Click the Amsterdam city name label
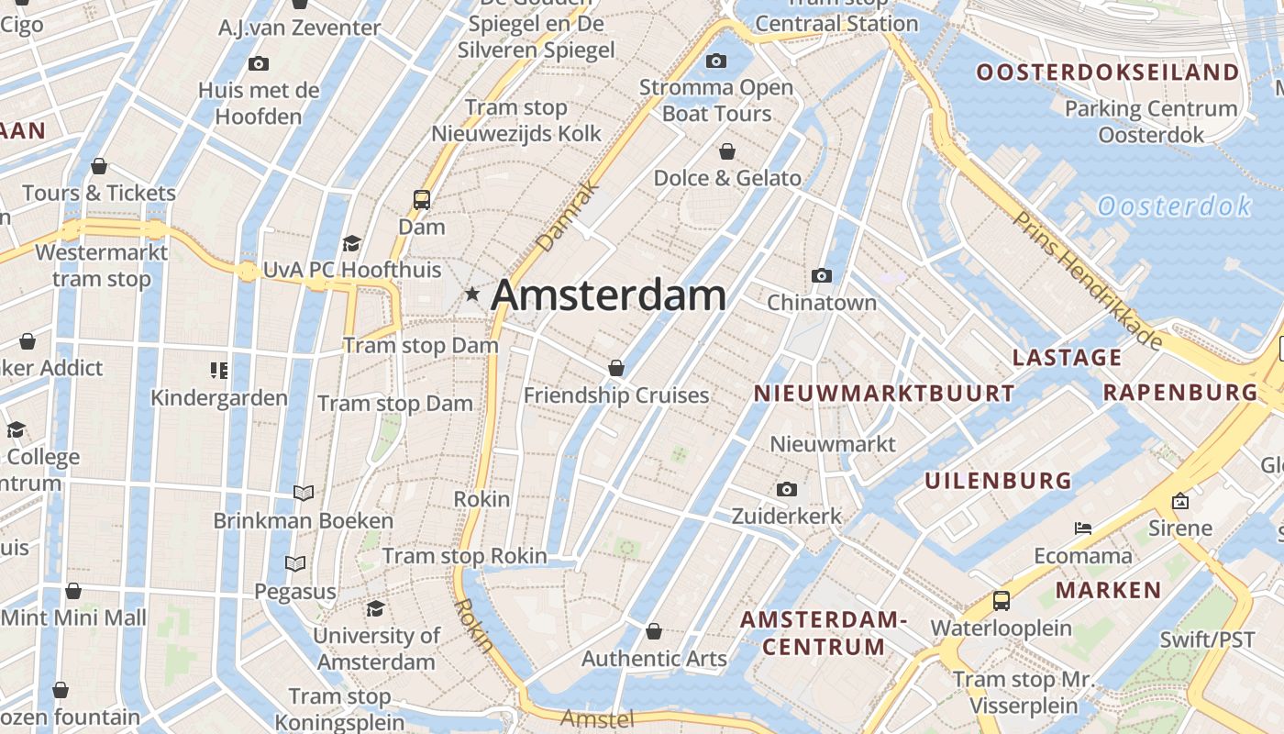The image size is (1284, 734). [x=608, y=295]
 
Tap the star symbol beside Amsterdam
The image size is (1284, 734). [x=472, y=295]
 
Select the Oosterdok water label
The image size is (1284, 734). [x=1174, y=206]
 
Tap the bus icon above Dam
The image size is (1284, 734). [x=422, y=199]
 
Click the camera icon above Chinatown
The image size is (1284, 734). [x=822, y=275]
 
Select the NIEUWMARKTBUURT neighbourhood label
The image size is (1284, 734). [x=884, y=394]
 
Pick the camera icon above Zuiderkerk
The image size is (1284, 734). [x=786, y=490]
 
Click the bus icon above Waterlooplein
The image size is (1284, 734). [x=1002, y=601]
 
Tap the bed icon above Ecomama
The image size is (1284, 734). [x=1083, y=528]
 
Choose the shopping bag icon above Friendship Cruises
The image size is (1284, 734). [x=616, y=368]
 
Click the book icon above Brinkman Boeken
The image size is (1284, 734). [x=304, y=494]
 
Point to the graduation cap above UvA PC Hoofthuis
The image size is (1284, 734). [x=351, y=243]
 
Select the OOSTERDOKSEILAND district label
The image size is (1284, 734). [x=1107, y=72]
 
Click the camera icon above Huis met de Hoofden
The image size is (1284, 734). [x=259, y=63]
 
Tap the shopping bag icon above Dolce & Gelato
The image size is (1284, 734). [x=727, y=151]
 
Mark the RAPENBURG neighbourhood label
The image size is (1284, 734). [x=1180, y=393]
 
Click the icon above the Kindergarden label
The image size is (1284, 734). [x=219, y=371]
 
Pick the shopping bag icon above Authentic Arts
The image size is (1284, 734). [x=654, y=631]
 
